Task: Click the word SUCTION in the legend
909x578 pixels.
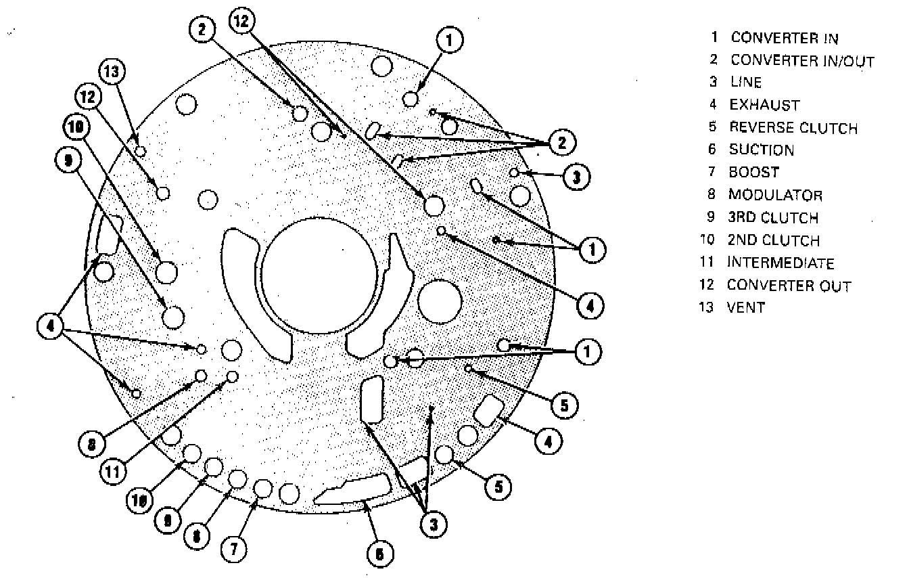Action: [x=761, y=150]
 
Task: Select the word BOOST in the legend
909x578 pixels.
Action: [x=753, y=173]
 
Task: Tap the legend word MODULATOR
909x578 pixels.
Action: [x=775, y=196]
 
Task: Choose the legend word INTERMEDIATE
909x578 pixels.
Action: [x=780, y=263]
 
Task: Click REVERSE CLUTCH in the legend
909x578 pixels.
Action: [x=793, y=128]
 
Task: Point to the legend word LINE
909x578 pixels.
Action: [x=745, y=83]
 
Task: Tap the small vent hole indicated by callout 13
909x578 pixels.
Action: [x=140, y=150]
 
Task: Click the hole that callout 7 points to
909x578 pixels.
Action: [x=262, y=487]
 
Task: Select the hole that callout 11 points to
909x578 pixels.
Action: [x=233, y=376]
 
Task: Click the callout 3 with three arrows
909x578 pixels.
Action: [x=433, y=523]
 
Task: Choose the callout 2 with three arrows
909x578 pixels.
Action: [x=561, y=143]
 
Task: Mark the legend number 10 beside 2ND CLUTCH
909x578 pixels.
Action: [x=713, y=241]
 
